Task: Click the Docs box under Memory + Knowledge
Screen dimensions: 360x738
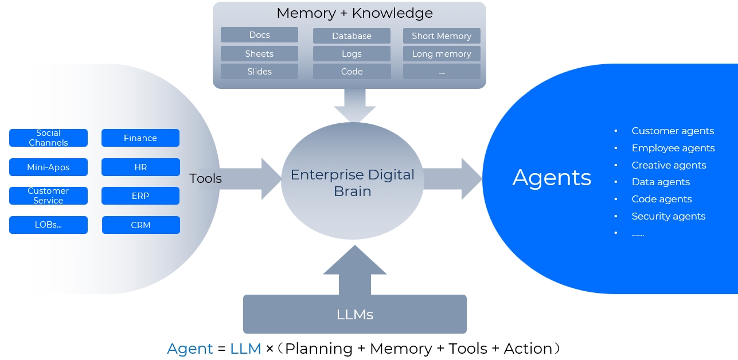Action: [259, 35]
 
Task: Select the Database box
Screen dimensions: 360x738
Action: [352, 36]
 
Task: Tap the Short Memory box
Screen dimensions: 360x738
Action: [442, 36]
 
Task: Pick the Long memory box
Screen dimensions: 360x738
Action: [442, 54]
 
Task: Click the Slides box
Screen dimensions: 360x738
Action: [259, 72]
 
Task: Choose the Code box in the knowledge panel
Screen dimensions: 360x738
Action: [352, 72]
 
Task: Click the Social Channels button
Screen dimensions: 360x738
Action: [48, 138]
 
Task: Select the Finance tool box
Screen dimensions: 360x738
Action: [140, 138]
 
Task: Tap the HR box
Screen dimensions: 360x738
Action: [140, 167]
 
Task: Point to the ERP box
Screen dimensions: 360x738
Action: [140, 196]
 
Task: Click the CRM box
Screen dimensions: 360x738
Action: [140, 225]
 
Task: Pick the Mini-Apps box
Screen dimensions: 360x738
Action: [48, 167]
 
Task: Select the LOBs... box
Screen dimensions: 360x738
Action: [48, 225]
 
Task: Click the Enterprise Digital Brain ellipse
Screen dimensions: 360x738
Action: [352, 182]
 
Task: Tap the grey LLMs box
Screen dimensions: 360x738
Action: [354, 314]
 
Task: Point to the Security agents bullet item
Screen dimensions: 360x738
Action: [668, 216]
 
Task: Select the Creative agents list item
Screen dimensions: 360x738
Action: [669, 165]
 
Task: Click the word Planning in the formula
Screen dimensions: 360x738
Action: [319, 349]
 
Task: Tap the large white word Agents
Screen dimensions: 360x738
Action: [552, 178]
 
